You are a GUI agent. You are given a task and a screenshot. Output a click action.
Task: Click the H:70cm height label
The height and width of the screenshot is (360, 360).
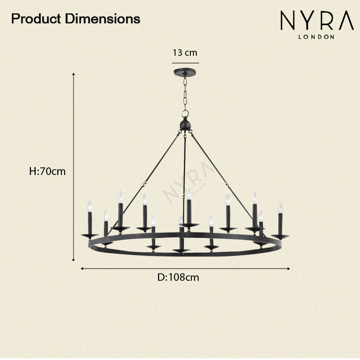coord(47,171)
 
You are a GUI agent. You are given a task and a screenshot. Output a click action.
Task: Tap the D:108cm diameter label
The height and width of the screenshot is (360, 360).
coord(178,278)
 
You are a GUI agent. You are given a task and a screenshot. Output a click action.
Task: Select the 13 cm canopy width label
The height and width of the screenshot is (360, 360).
coord(185,53)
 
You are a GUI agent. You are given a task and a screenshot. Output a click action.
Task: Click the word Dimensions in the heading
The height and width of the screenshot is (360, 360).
coord(103,19)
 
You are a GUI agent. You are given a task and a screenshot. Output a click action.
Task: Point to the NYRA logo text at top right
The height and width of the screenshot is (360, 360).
coord(317,22)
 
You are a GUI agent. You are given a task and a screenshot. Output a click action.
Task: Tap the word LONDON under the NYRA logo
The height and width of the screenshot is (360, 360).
coord(316,36)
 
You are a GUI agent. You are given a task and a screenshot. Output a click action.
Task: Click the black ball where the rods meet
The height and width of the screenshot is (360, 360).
coord(185,125)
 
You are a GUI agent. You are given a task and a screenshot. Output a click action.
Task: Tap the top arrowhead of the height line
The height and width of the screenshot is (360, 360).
coord(73,74)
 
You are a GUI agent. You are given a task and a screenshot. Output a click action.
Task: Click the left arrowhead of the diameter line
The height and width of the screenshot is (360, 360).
coord(82,268)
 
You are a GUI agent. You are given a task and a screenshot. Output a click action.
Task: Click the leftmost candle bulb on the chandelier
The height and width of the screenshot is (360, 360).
coord(90,206)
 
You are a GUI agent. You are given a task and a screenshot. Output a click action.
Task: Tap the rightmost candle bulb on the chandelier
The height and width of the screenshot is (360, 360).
coord(280,207)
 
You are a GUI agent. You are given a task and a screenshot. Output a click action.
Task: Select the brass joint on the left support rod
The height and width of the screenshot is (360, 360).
coord(145,183)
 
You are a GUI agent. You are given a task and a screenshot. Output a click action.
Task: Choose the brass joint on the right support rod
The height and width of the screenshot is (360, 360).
coord(227,184)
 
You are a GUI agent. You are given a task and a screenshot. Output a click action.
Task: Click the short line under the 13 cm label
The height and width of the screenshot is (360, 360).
coord(185,63)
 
